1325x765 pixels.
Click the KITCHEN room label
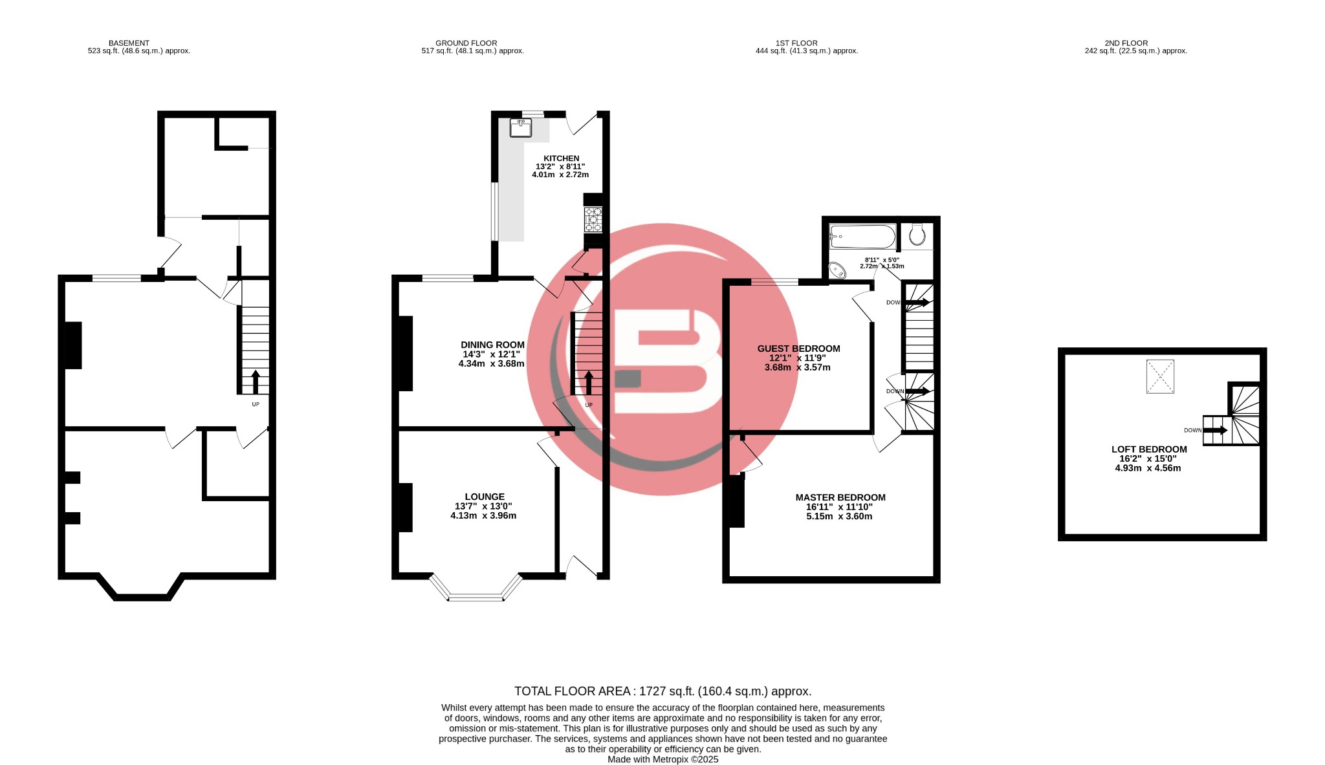click(x=561, y=158)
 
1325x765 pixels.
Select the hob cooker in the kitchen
click(x=593, y=219)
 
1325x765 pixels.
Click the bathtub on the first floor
click(x=862, y=237)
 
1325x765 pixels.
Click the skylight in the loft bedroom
click(x=1160, y=376)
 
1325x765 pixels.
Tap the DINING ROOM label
click(x=492, y=345)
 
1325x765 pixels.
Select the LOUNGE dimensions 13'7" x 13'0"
click(x=483, y=506)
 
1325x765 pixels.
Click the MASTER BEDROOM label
click(x=840, y=497)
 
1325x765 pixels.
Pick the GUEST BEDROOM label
click(x=798, y=349)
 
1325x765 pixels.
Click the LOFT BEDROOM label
click(x=1148, y=449)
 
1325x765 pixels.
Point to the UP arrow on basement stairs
click(x=255, y=382)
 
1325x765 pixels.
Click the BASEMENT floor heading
click(x=129, y=43)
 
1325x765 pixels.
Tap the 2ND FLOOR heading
click(x=1126, y=43)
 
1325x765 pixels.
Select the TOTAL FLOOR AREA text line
click(x=662, y=691)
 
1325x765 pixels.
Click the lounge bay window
click(x=476, y=597)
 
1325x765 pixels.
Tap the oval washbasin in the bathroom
click(x=837, y=270)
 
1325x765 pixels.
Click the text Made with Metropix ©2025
click(x=662, y=759)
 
